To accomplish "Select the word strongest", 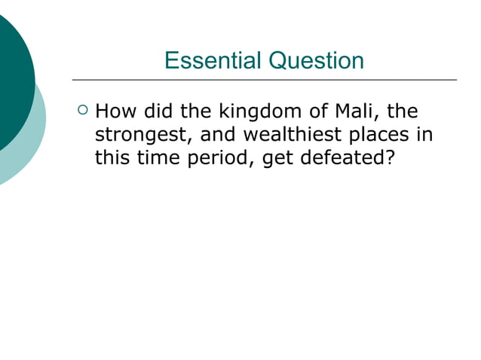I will click(140, 136).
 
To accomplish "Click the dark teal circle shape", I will click(11, 75).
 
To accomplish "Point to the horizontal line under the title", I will click(264, 79).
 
